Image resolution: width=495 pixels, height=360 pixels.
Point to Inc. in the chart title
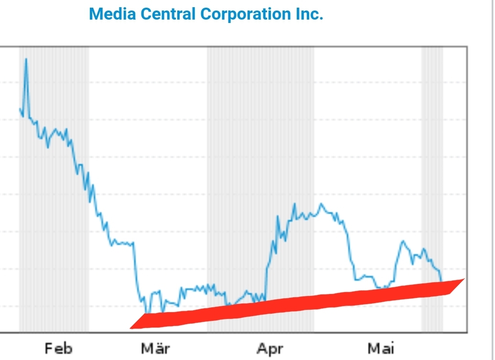[x=308, y=14]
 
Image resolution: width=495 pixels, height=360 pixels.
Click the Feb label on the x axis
[x=59, y=349]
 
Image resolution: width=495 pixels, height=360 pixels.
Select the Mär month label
[x=155, y=349]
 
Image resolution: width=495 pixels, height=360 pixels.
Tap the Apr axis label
[x=269, y=349]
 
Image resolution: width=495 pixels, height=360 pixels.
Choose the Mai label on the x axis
[x=381, y=349]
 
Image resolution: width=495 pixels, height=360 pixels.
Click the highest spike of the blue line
[x=26, y=59]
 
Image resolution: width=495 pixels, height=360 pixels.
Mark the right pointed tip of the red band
[x=464, y=279]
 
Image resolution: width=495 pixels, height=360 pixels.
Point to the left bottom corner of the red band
[x=130, y=328]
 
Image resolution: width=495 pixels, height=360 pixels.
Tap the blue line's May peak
[x=403, y=241]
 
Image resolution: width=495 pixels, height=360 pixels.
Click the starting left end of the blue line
[x=20, y=109]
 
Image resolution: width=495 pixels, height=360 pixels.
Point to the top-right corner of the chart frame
[x=466, y=47]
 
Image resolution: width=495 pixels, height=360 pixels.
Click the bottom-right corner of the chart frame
[x=466, y=331]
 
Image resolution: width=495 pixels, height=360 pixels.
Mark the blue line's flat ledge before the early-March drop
[x=122, y=243]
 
